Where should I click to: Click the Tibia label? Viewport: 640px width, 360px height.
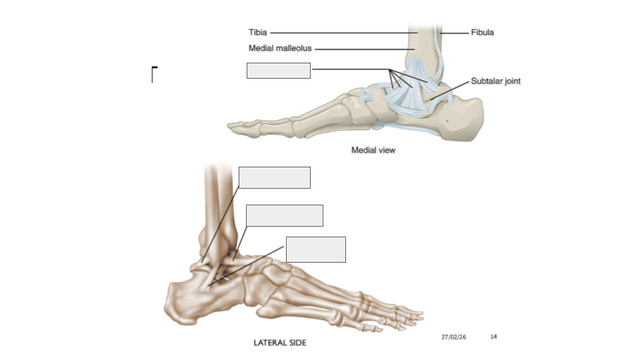tap(257, 32)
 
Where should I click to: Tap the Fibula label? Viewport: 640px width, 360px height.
tap(483, 32)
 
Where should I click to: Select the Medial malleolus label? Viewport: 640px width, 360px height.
tap(280, 48)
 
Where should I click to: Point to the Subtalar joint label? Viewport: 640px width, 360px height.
tap(495, 81)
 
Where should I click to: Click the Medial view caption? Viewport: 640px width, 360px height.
tap(373, 150)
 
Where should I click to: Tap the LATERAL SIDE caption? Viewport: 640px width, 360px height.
tap(280, 343)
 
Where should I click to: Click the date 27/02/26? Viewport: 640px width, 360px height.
tap(453, 337)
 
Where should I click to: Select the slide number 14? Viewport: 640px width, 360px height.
tap(493, 337)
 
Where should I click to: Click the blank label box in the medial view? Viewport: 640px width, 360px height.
tap(279, 71)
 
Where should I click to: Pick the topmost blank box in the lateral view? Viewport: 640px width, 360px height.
tap(274, 177)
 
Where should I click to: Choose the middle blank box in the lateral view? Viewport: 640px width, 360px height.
tap(285, 215)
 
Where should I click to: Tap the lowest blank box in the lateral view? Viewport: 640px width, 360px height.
tap(316, 249)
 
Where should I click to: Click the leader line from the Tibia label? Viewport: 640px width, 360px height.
tap(344, 33)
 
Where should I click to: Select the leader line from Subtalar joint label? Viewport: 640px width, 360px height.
tap(449, 90)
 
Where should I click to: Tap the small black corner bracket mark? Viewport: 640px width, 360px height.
tap(154, 74)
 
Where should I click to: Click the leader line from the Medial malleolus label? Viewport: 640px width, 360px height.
tap(365, 49)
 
